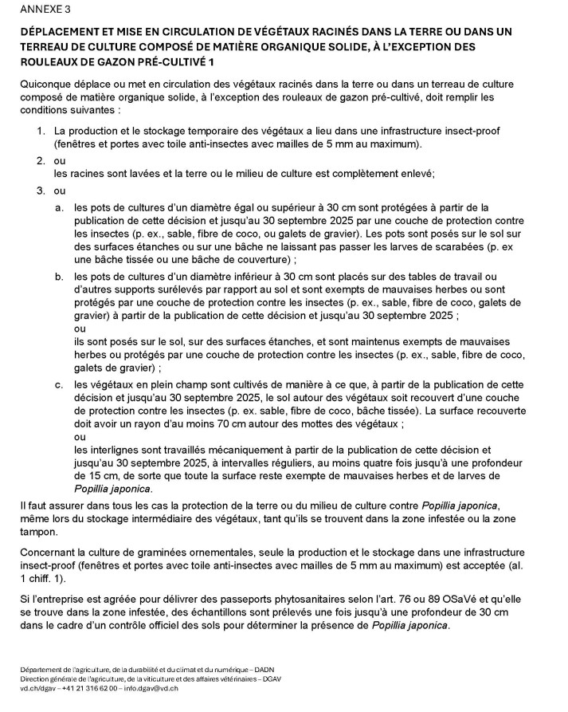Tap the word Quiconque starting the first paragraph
coord(46,83)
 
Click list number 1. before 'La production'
coord(41,130)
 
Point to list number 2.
coord(41,160)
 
